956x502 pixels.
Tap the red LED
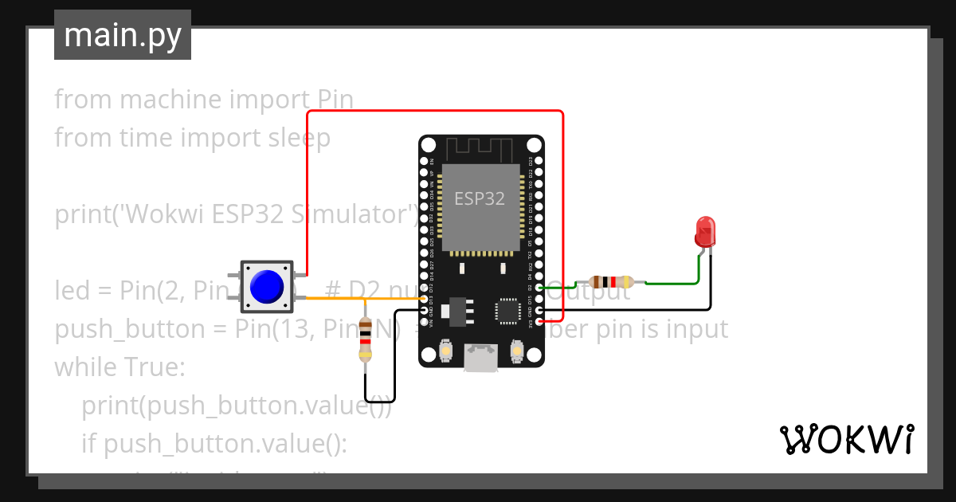click(x=705, y=232)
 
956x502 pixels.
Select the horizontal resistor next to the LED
click(x=610, y=281)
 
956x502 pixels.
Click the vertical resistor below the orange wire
click(x=366, y=339)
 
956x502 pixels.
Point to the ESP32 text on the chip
click(x=480, y=198)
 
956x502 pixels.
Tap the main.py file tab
click(x=123, y=35)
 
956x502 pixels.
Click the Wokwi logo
click(x=846, y=439)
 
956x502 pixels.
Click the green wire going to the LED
click(x=677, y=282)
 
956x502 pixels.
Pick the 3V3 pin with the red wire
click(x=539, y=321)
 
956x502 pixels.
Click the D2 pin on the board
click(x=539, y=288)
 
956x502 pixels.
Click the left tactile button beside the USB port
click(x=447, y=351)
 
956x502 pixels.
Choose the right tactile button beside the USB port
click(x=517, y=351)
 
